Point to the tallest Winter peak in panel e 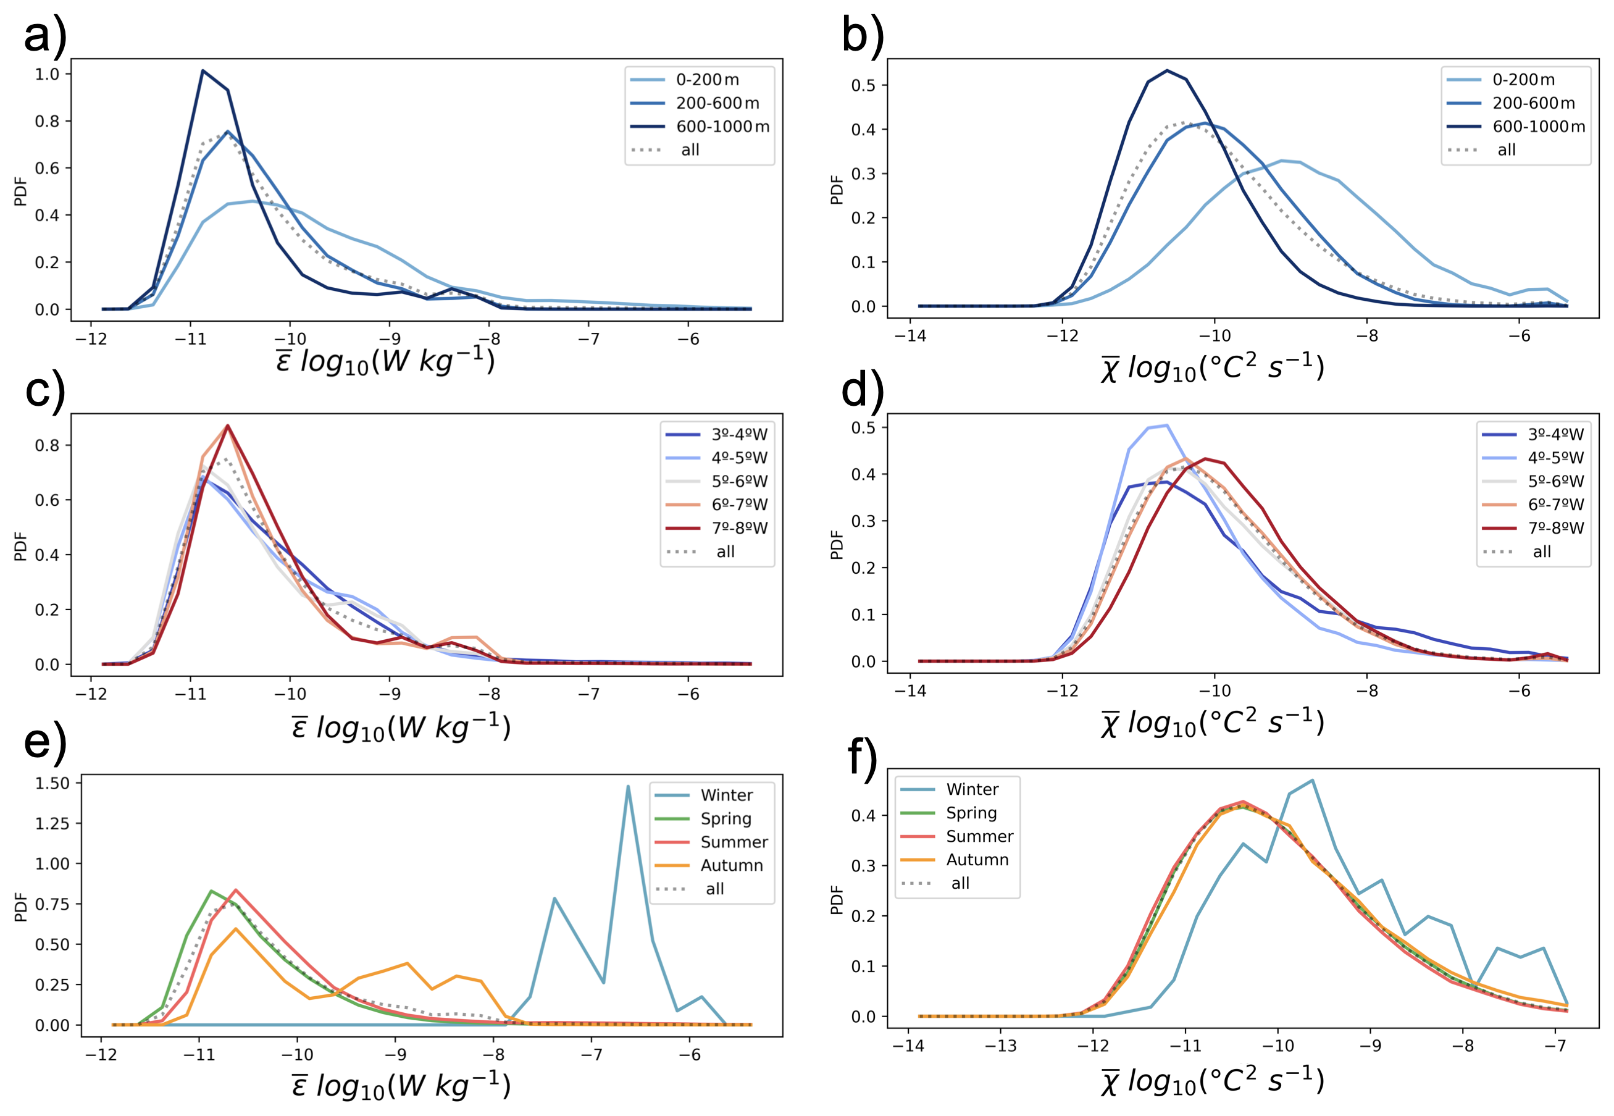[628, 787]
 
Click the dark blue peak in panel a [203, 70]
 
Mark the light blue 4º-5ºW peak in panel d [1166, 425]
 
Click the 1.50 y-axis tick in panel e [52, 783]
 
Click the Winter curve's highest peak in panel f [1312, 781]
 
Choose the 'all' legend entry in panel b [1507, 150]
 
